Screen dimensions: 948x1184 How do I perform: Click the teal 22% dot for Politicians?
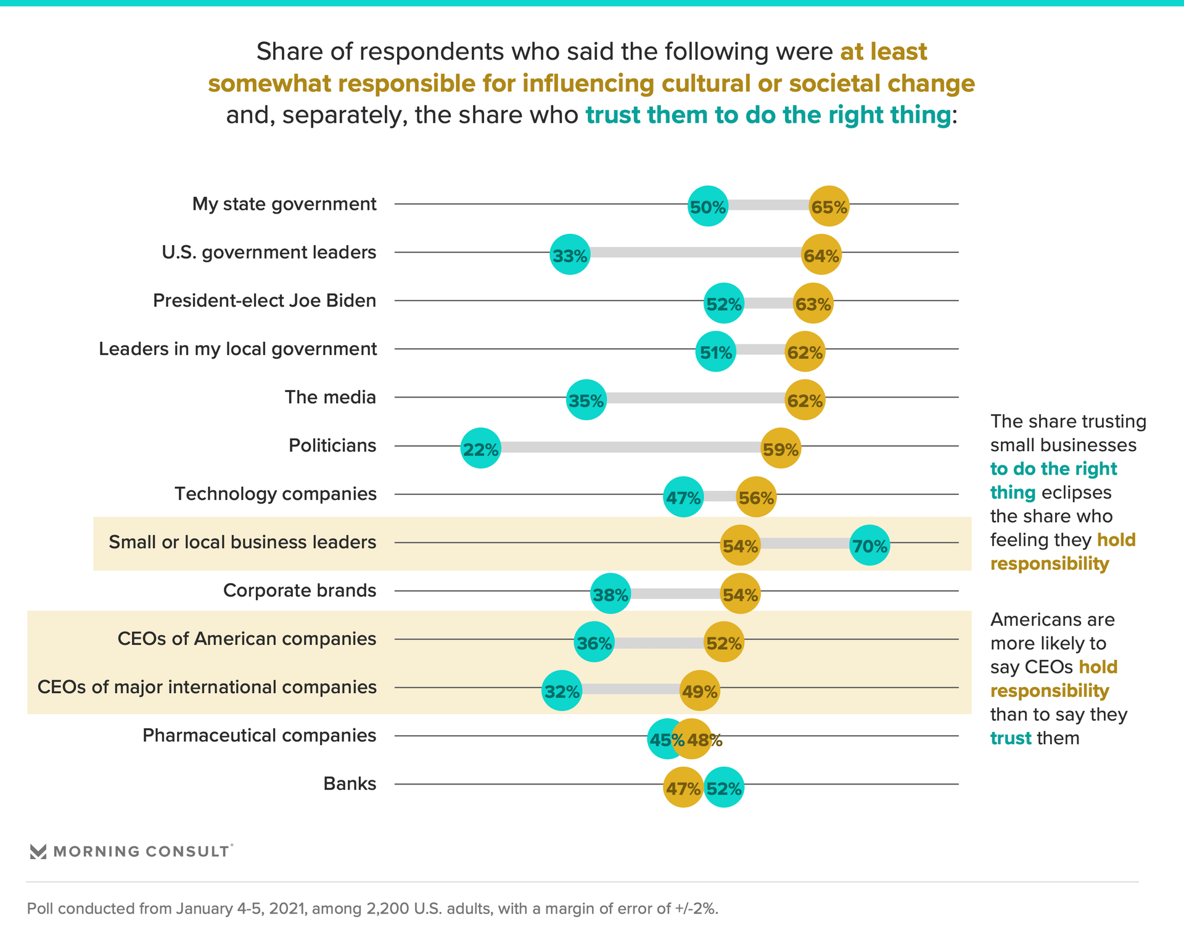tap(480, 448)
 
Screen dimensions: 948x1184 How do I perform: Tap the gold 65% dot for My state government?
tap(829, 206)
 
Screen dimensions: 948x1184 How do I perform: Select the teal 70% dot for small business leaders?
tap(869, 545)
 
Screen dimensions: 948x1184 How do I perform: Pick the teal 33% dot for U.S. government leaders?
tap(570, 254)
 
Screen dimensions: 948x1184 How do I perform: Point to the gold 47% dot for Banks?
tap(683, 787)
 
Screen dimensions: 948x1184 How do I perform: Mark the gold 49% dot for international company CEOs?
tap(699, 690)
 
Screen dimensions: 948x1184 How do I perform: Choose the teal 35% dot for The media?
tap(586, 400)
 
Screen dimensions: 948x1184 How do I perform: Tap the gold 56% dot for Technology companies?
tap(756, 497)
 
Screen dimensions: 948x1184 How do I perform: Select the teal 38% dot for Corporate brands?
tap(610, 594)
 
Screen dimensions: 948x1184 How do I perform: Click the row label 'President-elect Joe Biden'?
tap(265, 301)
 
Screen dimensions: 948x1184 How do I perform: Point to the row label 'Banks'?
tap(350, 784)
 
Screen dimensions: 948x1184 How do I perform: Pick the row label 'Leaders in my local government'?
tap(237, 349)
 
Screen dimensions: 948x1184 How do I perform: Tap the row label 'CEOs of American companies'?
tap(247, 639)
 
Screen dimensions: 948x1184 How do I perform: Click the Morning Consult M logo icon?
tap(38, 852)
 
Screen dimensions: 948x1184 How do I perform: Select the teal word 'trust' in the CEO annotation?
tap(1011, 738)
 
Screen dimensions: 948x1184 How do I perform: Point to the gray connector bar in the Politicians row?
tap(629, 447)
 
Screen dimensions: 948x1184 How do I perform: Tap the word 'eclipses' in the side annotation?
tap(1077, 493)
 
